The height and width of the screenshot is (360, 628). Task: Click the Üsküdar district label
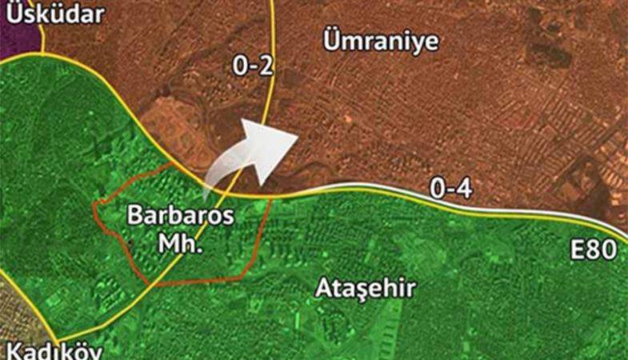click(x=49, y=14)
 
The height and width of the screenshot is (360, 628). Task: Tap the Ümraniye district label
click(x=382, y=42)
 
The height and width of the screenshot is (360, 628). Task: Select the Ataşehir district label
click(x=366, y=288)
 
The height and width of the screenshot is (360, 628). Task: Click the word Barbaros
click(x=180, y=216)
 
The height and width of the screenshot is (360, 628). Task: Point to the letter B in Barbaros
click(x=135, y=216)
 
